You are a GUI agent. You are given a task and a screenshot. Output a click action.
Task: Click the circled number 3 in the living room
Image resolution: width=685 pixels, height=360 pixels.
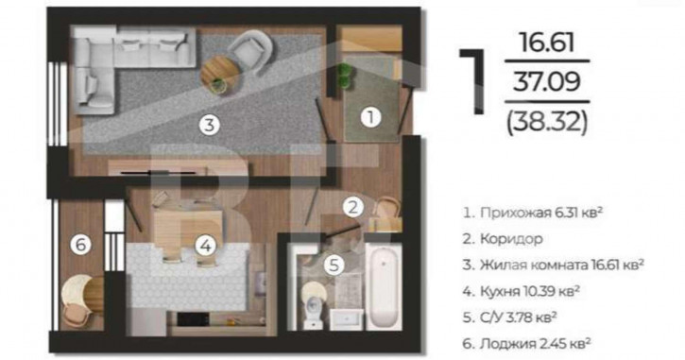209,126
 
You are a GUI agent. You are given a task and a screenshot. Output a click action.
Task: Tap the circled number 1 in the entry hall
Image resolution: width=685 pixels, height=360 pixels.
370,117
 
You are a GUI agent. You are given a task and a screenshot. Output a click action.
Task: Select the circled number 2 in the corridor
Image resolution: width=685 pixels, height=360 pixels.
353,207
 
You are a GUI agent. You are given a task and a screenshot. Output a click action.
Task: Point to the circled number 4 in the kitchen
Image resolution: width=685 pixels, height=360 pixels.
205,246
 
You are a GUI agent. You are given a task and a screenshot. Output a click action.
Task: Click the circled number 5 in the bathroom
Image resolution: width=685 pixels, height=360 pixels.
334,265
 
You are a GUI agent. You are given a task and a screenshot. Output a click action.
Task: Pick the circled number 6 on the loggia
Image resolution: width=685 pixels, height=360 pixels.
81,244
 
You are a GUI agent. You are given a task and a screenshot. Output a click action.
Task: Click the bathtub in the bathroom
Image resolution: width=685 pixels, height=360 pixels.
384,287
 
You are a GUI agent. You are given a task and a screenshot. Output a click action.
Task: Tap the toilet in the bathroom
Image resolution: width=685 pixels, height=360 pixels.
314,307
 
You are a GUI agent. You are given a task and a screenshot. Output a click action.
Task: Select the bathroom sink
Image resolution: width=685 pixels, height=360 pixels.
346,319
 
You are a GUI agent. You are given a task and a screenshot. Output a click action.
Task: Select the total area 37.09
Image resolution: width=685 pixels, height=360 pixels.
546,81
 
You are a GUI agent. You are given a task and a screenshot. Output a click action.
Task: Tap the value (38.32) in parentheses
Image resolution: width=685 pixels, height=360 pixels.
546,122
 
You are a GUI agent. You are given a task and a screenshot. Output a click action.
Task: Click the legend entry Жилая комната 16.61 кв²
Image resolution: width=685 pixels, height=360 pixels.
554,265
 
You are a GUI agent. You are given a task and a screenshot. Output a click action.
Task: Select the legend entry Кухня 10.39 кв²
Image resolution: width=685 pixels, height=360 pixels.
522,291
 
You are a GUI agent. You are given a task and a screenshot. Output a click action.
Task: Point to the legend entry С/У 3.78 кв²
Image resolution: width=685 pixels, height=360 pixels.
510,317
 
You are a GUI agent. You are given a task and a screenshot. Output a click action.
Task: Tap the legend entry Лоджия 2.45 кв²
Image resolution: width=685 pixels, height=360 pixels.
527,343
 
